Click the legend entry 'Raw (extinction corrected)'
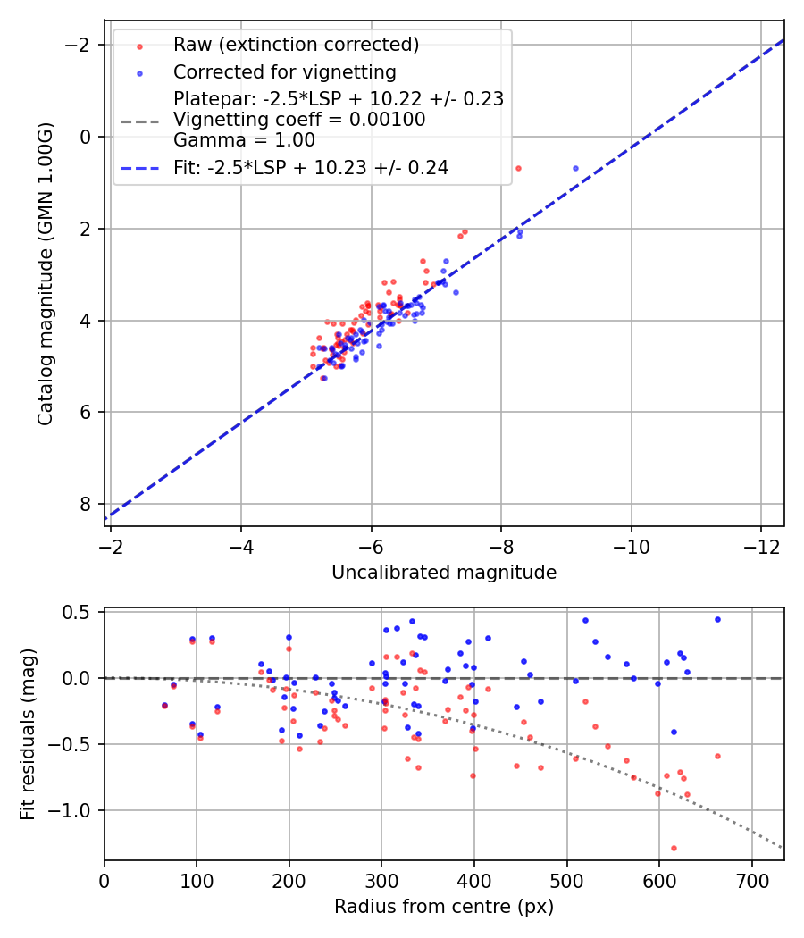(x=296, y=45)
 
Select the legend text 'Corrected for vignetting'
(x=284, y=71)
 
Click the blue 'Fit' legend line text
(x=311, y=167)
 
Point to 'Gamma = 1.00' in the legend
(x=244, y=139)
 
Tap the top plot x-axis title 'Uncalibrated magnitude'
(x=444, y=573)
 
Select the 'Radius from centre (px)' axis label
(x=444, y=907)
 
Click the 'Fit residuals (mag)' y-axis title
(x=28, y=734)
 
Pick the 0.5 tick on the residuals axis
(x=81, y=612)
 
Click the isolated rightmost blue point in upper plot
(x=575, y=168)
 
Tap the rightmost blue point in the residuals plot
(x=717, y=619)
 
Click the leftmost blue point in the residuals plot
(x=164, y=705)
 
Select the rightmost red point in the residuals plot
(x=717, y=756)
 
